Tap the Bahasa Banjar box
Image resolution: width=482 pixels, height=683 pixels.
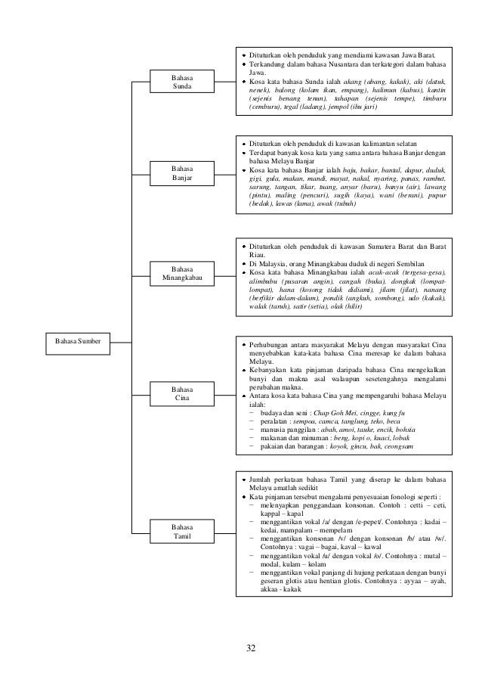pos(181,172)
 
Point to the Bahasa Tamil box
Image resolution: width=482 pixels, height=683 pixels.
pos(181,531)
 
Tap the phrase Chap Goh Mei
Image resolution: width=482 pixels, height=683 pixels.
pos(344,414)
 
